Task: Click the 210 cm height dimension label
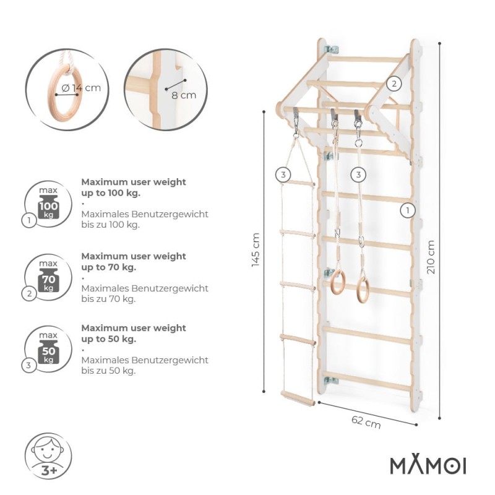click(x=431, y=257)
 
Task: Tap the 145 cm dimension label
click(x=256, y=250)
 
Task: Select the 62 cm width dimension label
click(x=366, y=422)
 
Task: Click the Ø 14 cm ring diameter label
click(x=81, y=88)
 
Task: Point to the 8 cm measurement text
click(x=184, y=95)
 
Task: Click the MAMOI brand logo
click(x=428, y=465)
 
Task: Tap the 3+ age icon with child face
click(x=48, y=457)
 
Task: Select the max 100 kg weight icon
click(x=48, y=204)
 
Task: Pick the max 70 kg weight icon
click(x=48, y=277)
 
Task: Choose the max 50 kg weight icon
click(x=48, y=349)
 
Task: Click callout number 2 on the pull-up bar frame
click(x=394, y=84)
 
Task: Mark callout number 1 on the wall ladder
click(x=408, y=210)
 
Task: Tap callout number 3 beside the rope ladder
click(x=283, y=174)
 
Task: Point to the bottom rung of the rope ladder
click(x=298, y=398)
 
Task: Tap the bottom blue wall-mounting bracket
click(x=330, y=380)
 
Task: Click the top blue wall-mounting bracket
click(x=331, y=49)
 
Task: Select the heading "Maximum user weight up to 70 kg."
click(x=134, y=262)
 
